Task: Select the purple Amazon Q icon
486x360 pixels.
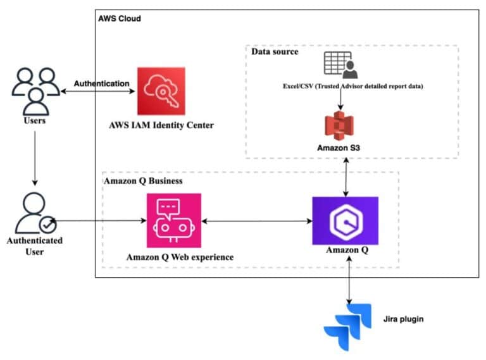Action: coord(345,221)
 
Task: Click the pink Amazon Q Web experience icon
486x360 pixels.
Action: coord(173,221)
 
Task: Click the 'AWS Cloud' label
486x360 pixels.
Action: coord(120,18)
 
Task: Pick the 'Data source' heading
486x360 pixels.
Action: coord(275,52)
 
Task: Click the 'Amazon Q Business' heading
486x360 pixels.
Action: coord(143,181)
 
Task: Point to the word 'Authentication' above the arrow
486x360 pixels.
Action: coord(102,84)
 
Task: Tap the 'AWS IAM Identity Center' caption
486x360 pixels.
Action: coord(161,125)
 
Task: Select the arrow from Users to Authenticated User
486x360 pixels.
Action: coord(35,156)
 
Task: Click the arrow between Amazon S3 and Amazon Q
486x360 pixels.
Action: coord(346,177)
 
